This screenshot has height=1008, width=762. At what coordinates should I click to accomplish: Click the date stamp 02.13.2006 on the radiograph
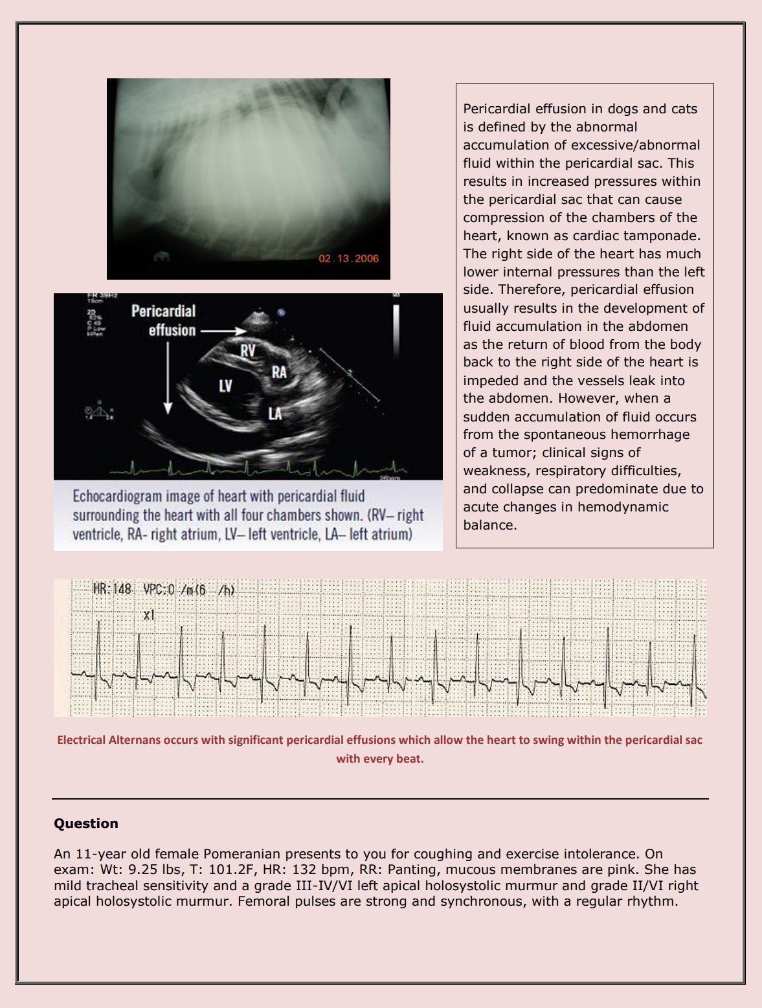tap(348, 259)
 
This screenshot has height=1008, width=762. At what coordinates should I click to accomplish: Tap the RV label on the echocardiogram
tap(248, 351)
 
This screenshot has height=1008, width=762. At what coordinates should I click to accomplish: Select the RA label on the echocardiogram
tap(279, 372)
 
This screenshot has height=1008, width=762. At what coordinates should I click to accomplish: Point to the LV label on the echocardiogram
tap(225, 386)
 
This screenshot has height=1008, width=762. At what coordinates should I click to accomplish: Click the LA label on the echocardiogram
tap(275, 413)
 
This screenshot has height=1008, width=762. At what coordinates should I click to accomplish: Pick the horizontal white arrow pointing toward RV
tap(223, 331)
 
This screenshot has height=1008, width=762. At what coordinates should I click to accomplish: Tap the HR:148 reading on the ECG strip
tap(112, 589)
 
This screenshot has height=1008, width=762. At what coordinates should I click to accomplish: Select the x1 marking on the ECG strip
tap(150, 615)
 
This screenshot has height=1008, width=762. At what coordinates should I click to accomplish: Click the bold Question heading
tap(86, 823)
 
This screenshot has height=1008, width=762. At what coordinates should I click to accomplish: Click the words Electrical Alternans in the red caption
tap(109, 740)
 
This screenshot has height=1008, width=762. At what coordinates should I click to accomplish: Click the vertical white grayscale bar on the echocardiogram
tap(396, 324)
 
